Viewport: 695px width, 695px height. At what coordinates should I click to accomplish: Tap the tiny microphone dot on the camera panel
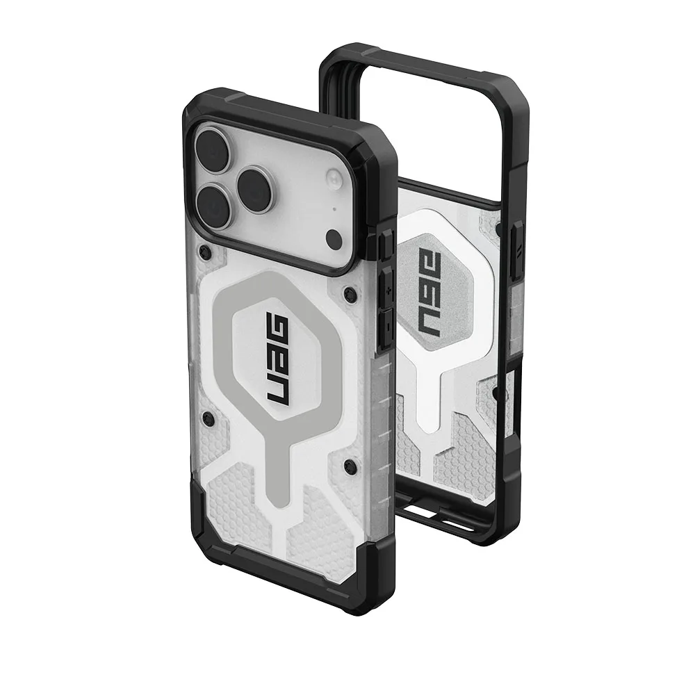point(334,210)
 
